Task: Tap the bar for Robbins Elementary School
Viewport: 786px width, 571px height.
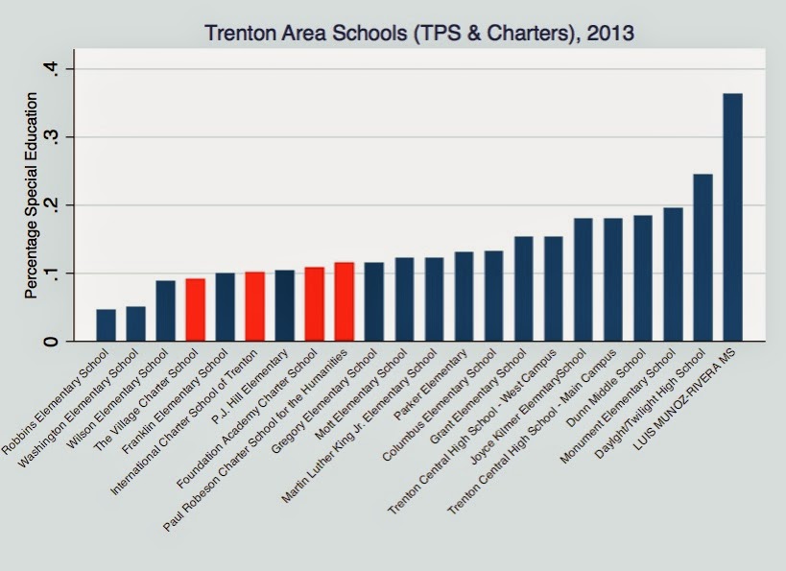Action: click(106, 325)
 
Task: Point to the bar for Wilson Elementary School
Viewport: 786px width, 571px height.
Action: click(165, 311)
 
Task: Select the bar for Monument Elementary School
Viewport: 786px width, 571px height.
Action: click(673, 274)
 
